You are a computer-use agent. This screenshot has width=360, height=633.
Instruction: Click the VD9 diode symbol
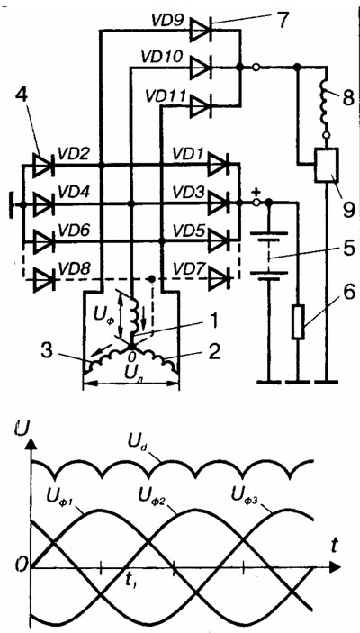click(x=202, y=31)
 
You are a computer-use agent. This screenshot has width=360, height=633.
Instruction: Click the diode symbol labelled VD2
click(x=43, y=165)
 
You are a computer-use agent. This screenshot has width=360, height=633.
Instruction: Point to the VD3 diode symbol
click(x=219, y=203)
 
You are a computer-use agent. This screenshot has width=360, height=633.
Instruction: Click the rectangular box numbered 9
click(x=326, y=165)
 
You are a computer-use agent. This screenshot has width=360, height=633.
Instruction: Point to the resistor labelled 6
click(x=297, y=322)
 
